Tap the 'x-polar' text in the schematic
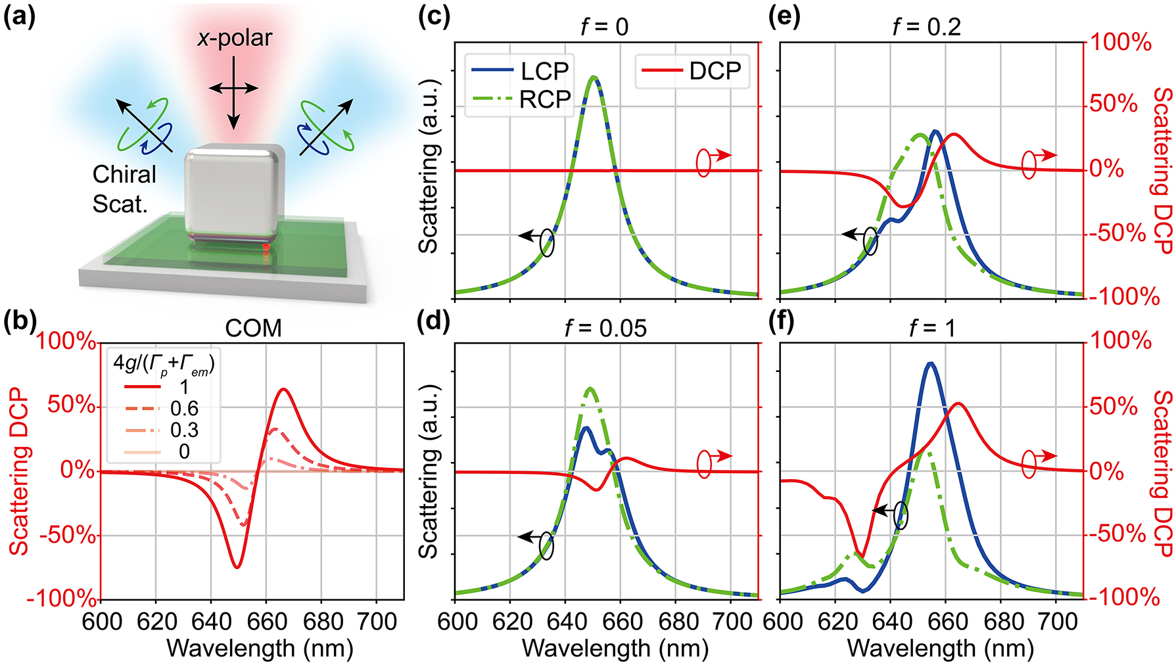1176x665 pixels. tap(235, 38)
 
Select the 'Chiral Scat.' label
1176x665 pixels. tap(124, 189)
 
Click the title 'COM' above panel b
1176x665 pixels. tap(253, 327)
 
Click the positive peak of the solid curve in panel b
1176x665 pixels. tap(283, 390)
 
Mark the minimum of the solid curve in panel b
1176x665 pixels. tap(237, 566)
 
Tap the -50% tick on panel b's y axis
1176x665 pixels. tap(68, 535)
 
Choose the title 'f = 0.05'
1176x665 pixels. tap(605, 327)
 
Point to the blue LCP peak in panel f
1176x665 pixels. tap(929, 363)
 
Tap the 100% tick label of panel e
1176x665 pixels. tap(1121, 43)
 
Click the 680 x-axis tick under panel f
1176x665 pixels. tap(1002, 620)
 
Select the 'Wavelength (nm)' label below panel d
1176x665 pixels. tap(615, 649)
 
